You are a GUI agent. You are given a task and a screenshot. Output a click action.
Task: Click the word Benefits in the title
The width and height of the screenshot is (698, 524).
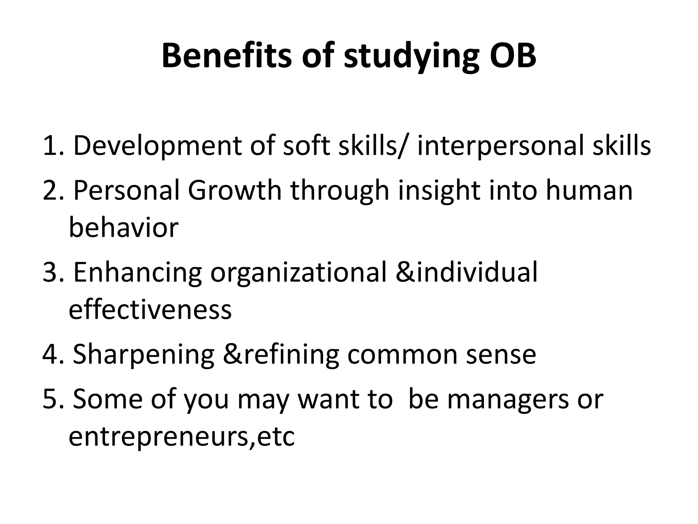[226, 56]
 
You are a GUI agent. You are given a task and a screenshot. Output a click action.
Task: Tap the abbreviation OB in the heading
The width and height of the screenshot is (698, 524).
[513, 56]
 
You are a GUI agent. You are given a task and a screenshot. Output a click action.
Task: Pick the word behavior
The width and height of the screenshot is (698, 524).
[123, 228]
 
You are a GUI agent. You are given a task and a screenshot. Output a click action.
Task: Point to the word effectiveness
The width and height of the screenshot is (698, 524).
[150, 309]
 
